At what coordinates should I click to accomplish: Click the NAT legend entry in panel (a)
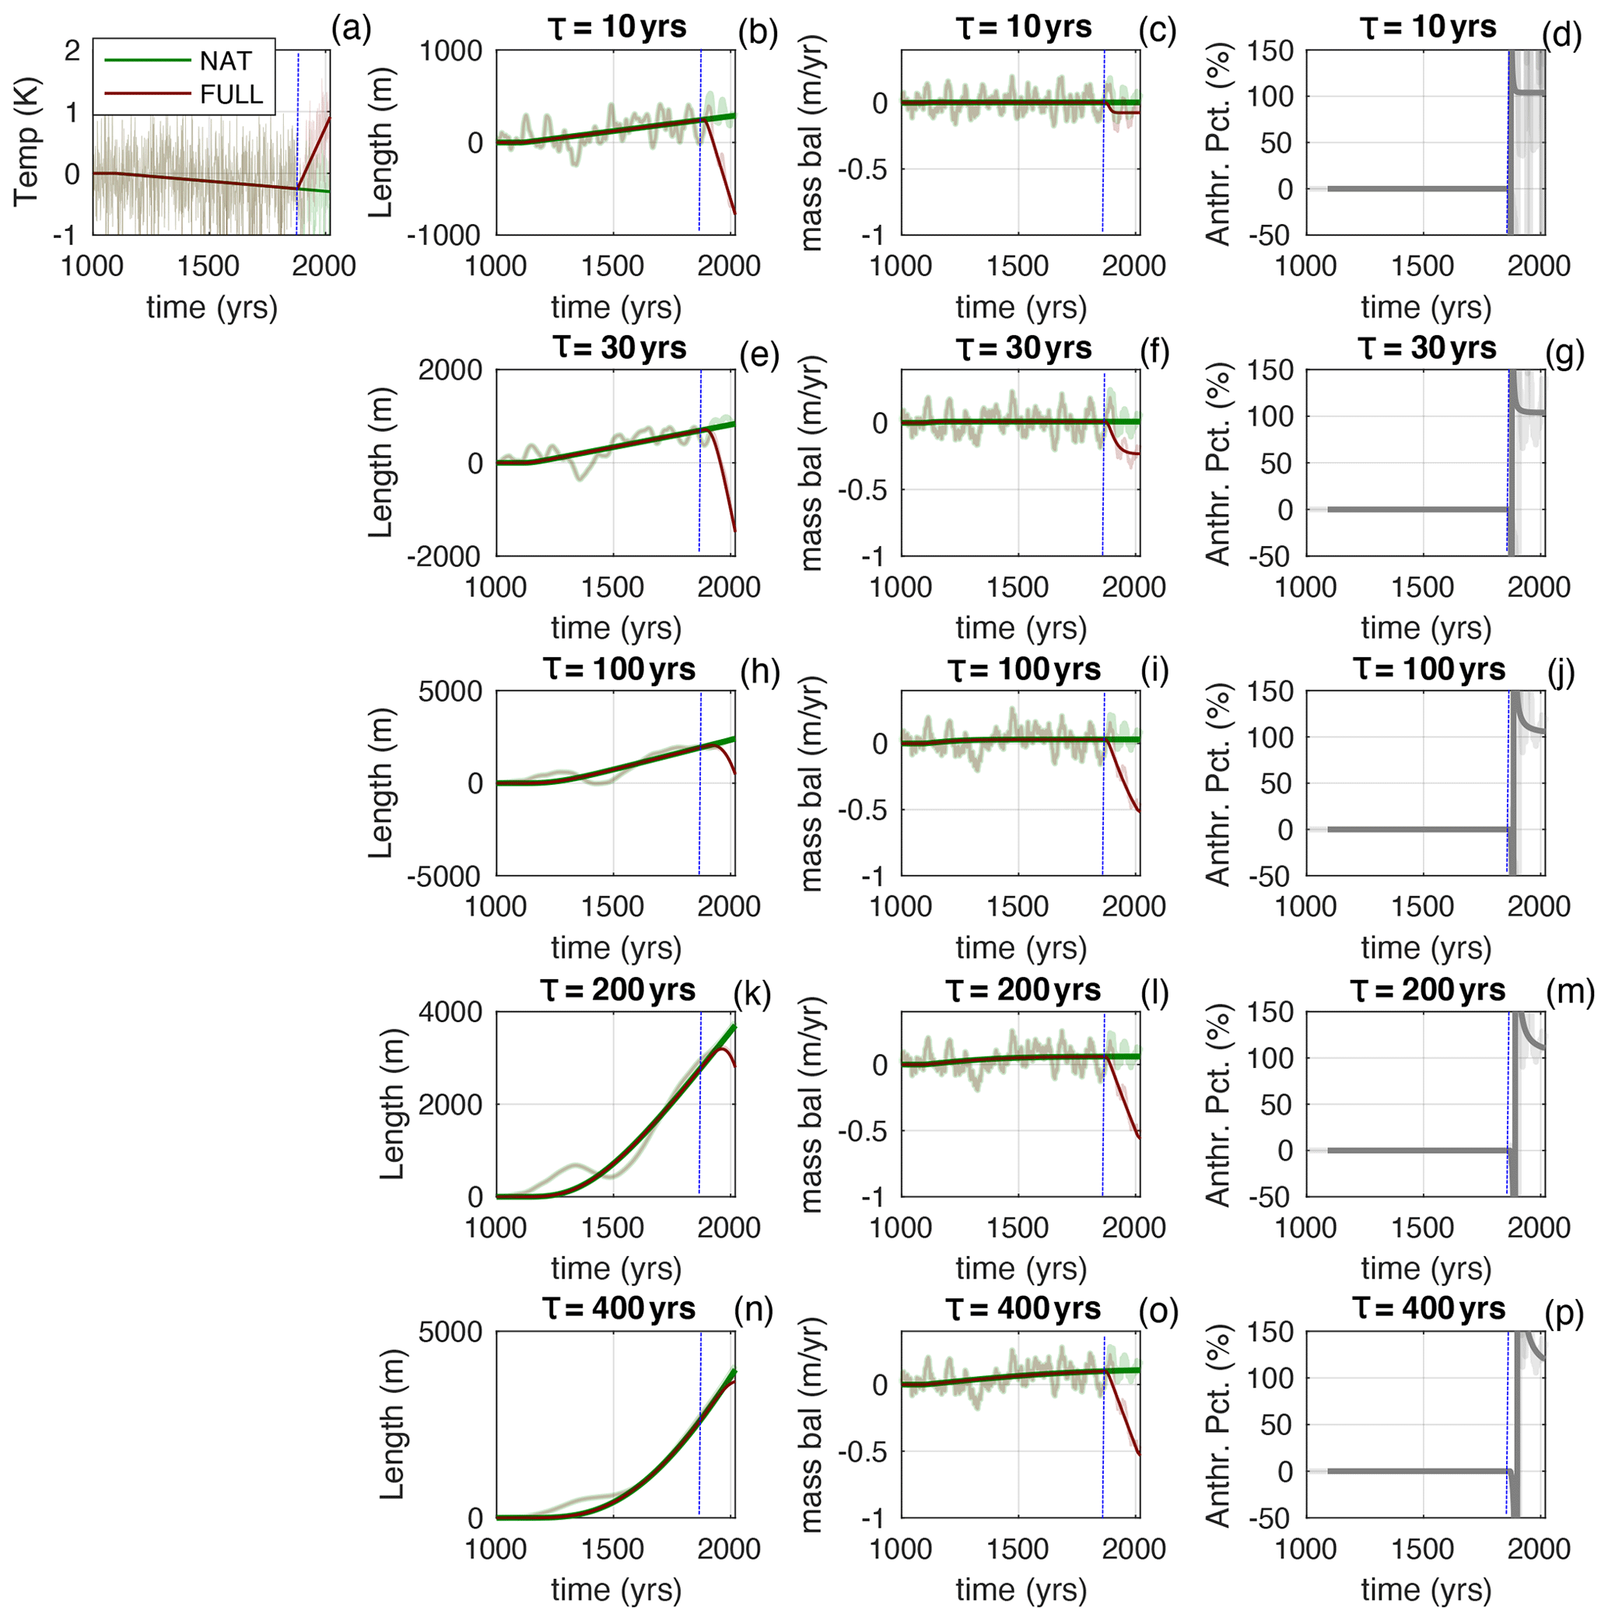click(x=225, y=61)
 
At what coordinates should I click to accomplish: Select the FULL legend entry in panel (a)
click(x=231, y=94)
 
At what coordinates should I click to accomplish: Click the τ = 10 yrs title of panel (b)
click(x=617, y=27)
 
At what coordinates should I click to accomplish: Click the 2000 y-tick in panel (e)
click(x=450, y=370)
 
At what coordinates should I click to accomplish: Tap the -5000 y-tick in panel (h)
click(x=444, y=876)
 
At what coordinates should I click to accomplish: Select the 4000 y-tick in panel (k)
click(x=450, y=1012)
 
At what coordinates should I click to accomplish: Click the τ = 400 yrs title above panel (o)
click(x=1022, y=1308)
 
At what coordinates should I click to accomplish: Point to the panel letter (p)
click(x=1564, y=1313)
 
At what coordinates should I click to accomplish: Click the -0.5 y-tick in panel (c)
click(x=865, y=169)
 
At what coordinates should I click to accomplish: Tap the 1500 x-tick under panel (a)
click(x=208, y=266)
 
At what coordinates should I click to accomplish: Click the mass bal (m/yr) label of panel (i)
click(x=811, y=782)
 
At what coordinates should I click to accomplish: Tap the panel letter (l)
click(x=1156, y=993)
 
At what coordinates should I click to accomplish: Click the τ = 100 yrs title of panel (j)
click(x=1428, y=669)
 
